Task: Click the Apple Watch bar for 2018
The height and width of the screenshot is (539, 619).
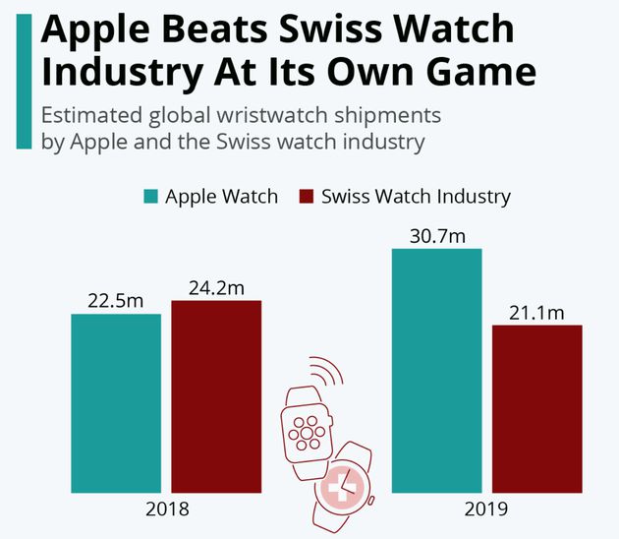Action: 116,402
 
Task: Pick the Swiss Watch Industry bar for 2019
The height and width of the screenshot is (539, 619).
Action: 537,407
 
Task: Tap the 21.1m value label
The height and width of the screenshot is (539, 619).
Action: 537,312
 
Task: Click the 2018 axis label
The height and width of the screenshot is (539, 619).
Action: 166,510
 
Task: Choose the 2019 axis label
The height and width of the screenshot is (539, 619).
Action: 487,510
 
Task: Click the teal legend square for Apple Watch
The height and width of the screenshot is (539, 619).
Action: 151,196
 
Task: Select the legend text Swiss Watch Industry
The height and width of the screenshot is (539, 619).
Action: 417,196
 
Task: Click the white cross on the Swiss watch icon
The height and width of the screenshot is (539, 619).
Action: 344,486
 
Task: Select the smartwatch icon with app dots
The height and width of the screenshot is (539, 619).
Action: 307,428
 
